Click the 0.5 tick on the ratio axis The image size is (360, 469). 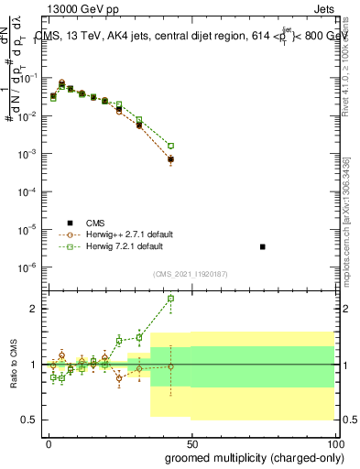point(29,420)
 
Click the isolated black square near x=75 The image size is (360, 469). point(263,247)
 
